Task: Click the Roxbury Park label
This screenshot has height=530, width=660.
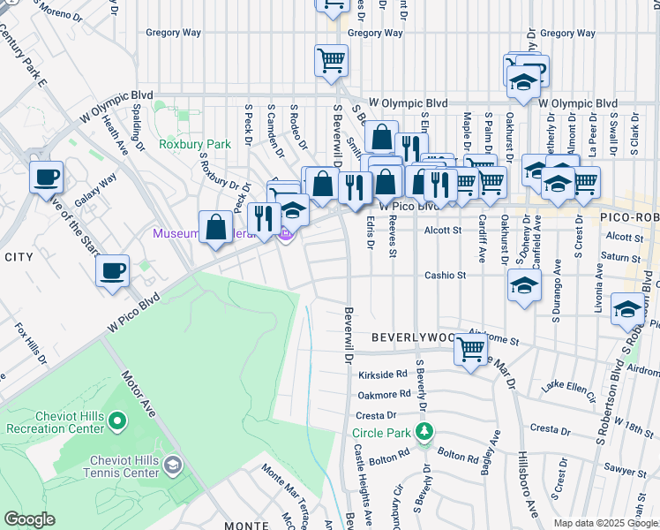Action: pyautogui.click(x=194, y=143)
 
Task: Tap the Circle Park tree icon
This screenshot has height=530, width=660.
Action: pyautogui.click(x=425, y=432)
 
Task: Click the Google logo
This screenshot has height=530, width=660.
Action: pyautogui.click(x=29, y=519)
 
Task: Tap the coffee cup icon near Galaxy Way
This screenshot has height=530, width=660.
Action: pyautogui.click(x=46, y=177)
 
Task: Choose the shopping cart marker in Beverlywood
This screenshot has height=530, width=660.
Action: pyautogui.click(x=470, y=350)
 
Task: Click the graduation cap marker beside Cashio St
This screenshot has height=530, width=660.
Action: pyautogui.click(x=524, y=286)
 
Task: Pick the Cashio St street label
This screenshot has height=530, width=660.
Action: pyautogui.click(x=445, y=276)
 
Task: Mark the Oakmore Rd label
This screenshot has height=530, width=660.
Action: pyautogui.click(x=385, y=395)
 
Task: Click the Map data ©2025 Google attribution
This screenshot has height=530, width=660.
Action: pyautogui.click(x=605, y=523)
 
